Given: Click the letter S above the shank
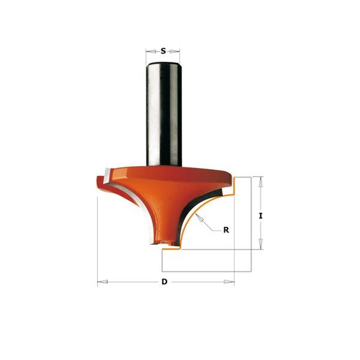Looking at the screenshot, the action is [163, 51].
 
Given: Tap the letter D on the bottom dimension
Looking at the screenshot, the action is [164, 281].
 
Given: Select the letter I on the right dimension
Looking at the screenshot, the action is [260, 216].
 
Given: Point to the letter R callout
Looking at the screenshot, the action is [226, 230].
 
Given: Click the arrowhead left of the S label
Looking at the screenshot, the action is [151, 51].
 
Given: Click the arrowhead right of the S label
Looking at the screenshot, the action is [175, 52].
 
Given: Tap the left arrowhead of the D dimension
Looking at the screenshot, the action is [103, 282].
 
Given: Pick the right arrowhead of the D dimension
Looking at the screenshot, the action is [229, 282].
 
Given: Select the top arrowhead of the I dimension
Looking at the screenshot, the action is [260, 182].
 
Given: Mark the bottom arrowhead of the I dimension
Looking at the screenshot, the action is [260, 244].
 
